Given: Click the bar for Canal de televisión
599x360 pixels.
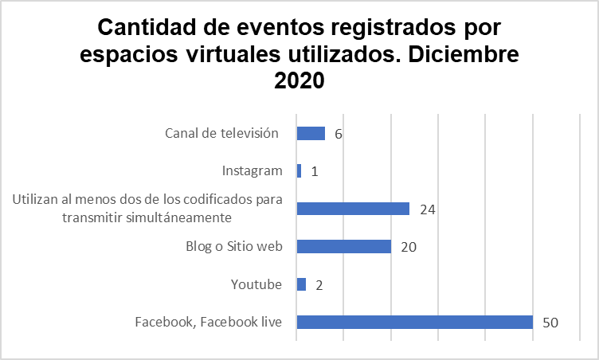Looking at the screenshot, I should click(311, 133).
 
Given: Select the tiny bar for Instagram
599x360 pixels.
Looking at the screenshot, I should click(299, 170).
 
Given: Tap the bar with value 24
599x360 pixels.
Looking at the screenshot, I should click(353, 209).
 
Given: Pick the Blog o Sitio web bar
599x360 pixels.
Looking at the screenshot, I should click(343, 246).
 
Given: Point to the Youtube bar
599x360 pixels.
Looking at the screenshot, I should click(301, 284).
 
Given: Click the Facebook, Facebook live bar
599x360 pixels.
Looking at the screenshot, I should click(414, 322).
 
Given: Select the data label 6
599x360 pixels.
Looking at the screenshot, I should click(339, 134).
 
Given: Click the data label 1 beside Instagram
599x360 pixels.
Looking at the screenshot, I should click(315, 171).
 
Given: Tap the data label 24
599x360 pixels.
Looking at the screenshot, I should click(426, 209).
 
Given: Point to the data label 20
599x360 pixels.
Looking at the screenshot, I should click(409, 247).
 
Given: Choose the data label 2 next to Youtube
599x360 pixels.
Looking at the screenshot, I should click(319, 285).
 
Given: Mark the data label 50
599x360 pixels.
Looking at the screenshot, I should click(550, 323).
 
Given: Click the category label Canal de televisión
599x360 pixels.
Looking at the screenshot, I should click(221, 133).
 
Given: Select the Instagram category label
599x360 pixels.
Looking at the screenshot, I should click(252, 170).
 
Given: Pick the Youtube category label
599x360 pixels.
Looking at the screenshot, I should click(256, 284).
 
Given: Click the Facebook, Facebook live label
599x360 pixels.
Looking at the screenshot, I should click(209, 322).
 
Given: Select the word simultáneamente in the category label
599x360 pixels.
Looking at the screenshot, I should click(185, 217).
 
